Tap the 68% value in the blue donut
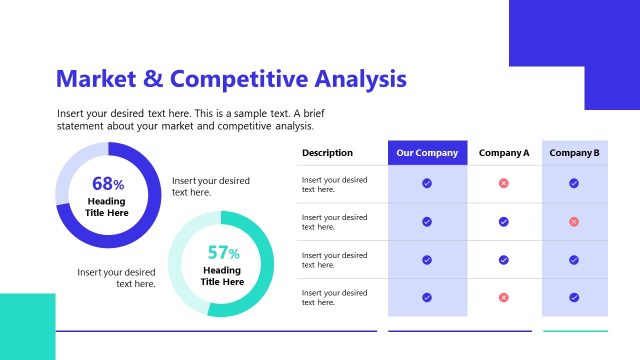pos(107,184)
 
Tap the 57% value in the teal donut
pos(223,253)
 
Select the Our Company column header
pos(427,153)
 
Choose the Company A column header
pos(504,153)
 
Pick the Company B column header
pos(574,153)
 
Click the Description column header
pos(327,153)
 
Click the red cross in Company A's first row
pos(504,184)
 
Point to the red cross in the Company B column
pos(574,221)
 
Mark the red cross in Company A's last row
pos(504,297)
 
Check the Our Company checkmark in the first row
pos(427,184)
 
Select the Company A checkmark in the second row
pos(504,221)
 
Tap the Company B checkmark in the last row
pos(574,297)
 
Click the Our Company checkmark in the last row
pos(427,297)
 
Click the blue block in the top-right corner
pos(575,40)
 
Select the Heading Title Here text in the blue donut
pos(107,207)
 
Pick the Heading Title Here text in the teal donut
pos(223,276)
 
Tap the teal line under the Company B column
pos(574,331)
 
